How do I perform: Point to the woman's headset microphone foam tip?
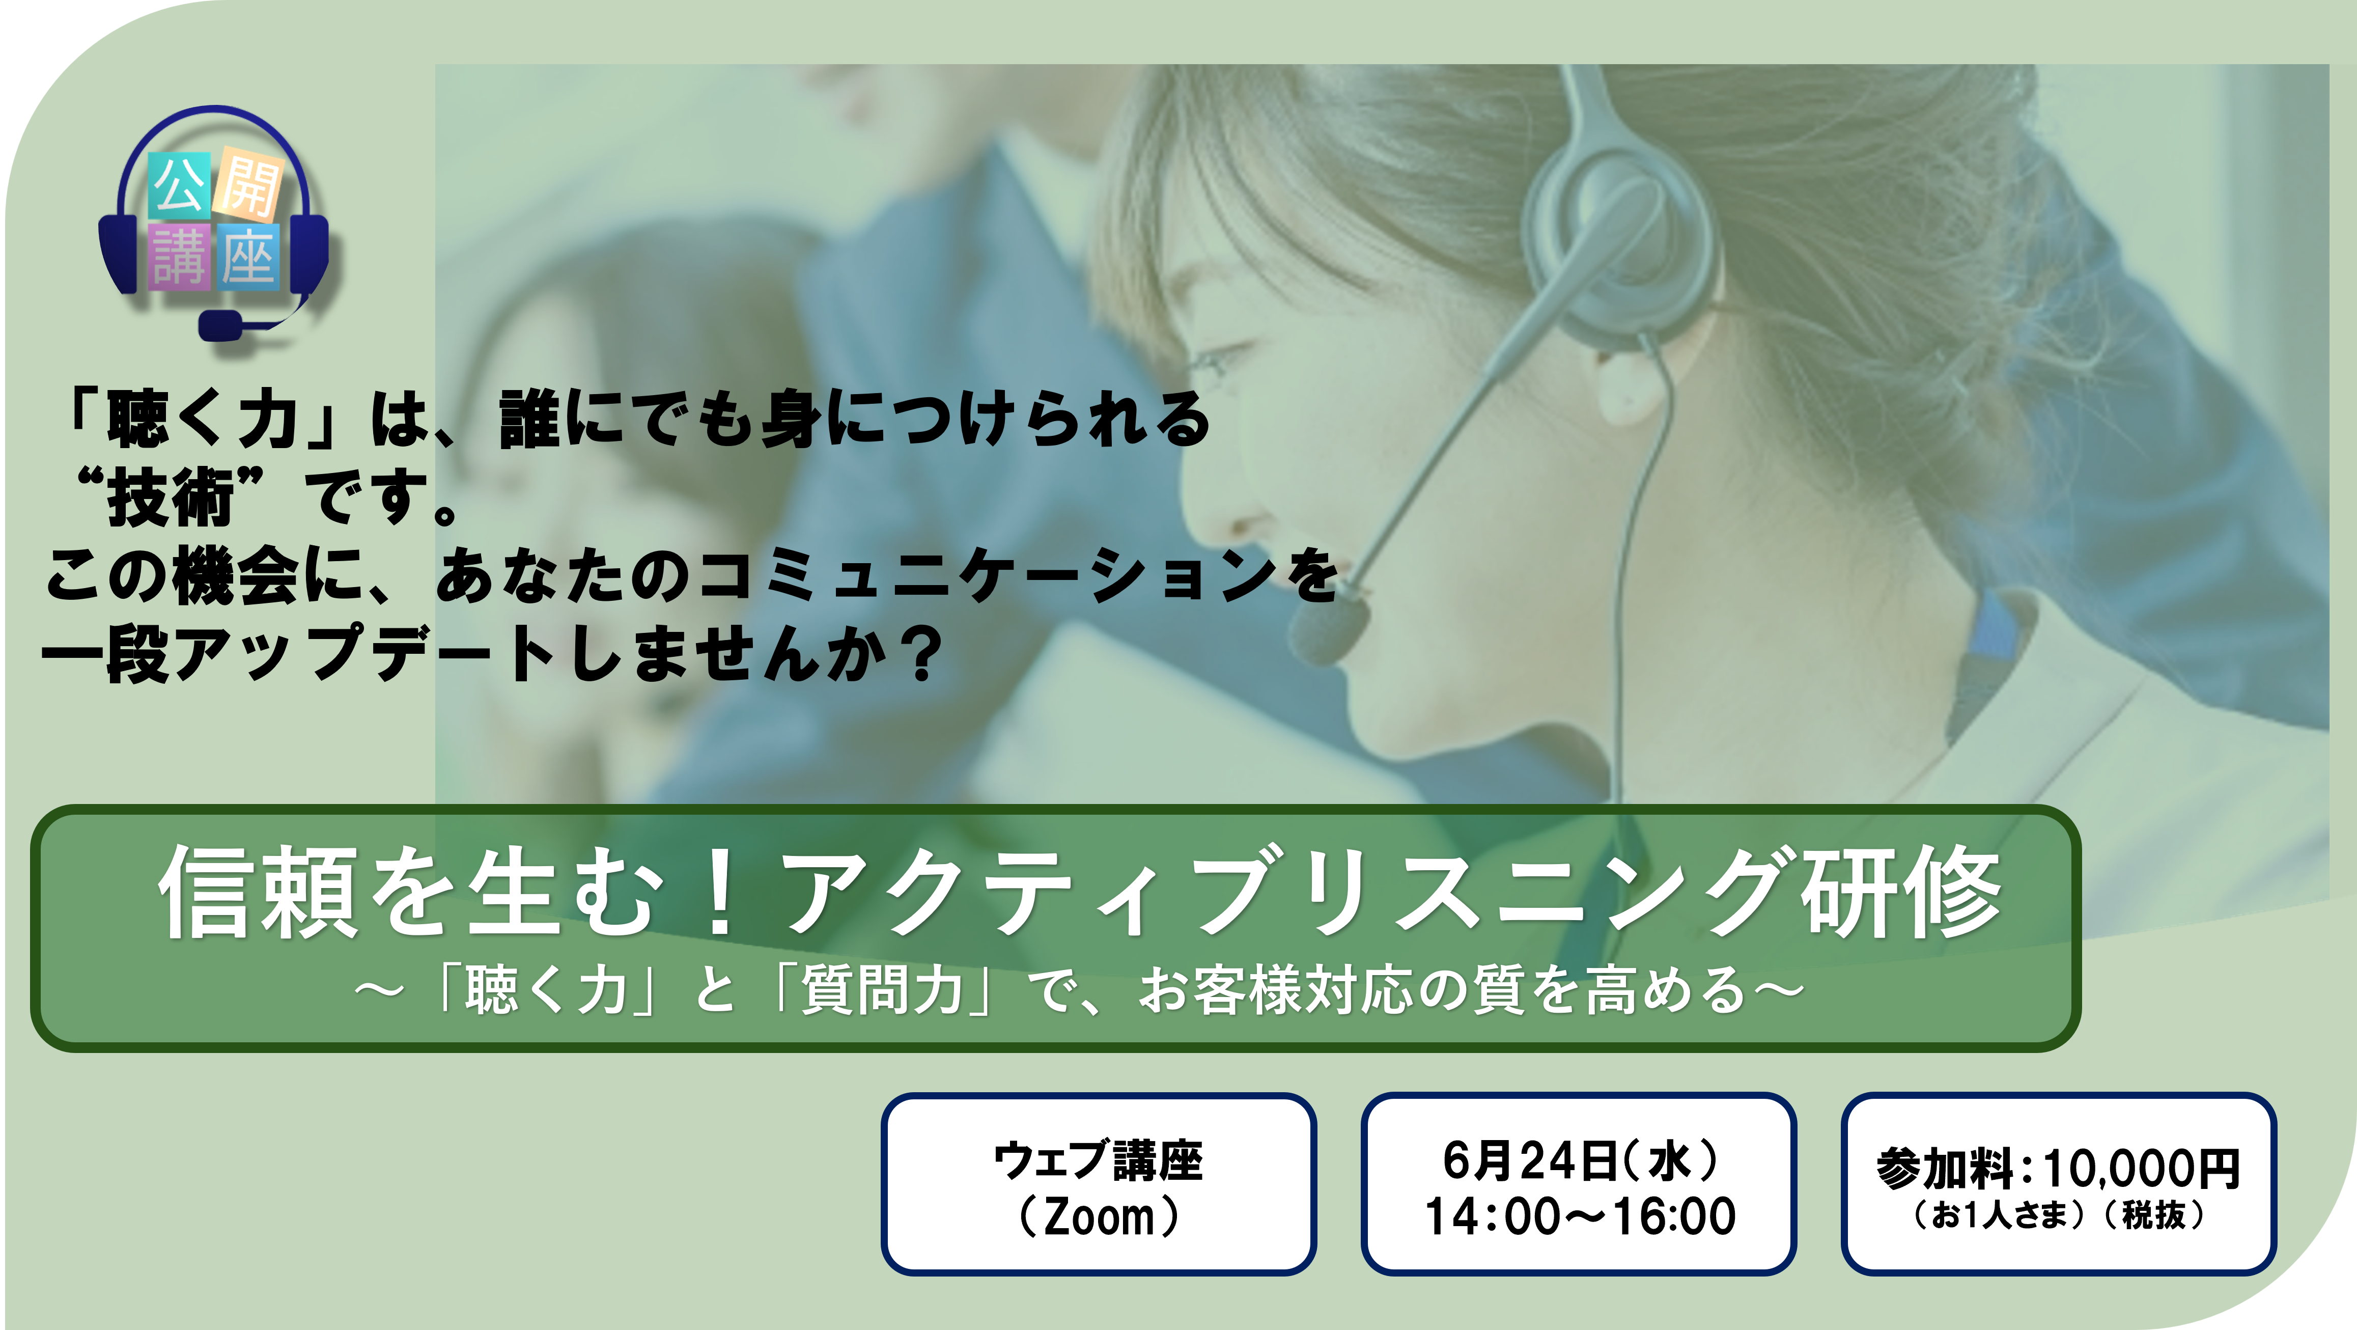click(1330, 628)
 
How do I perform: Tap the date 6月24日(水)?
click(1580, 1160)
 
